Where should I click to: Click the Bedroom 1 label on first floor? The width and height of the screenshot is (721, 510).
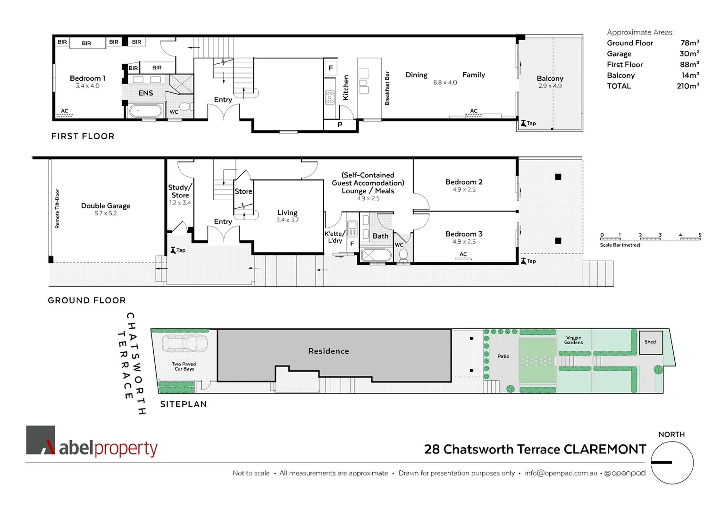(87, 78)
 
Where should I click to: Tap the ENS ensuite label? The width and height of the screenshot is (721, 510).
(145, 93)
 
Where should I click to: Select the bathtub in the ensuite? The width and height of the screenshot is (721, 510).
(145, 111)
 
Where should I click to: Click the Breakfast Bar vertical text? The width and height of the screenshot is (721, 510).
(387, 88)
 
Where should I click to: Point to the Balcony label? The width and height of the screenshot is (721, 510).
(550, 78)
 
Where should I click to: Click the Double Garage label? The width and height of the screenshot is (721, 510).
(106, 206)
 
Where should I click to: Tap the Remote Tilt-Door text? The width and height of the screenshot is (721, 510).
(58, 209)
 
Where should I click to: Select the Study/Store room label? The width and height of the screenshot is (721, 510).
(180, 191)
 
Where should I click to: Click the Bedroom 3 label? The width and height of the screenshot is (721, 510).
(464, 234)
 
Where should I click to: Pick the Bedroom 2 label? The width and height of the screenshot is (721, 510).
(464, 182)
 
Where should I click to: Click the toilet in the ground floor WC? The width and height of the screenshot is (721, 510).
(403, 255)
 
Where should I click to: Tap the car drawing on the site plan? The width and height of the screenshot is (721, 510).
(185, 343)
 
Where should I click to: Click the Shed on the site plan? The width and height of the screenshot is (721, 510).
(650, 342)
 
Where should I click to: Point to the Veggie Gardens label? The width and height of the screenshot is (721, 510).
(573, 340)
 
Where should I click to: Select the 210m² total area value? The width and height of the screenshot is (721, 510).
(687, 86)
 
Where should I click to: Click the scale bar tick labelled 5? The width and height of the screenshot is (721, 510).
(699, 235)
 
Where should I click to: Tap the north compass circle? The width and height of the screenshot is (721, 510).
(672, 463)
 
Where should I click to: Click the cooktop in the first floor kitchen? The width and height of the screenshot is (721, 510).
(330, 97)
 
